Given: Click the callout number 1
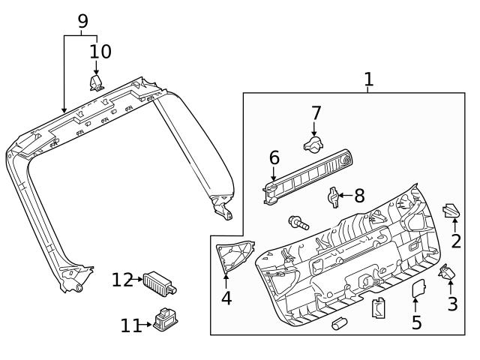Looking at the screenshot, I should pyautogui.click(x=368, y=79).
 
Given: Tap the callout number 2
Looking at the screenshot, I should pyautogui.click(x=455, y=241).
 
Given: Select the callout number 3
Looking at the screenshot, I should pyautogui.click(x=452, y=304).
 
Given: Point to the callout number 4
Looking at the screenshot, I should pyautogui.click(x=226, y=298).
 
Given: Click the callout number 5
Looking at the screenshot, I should pyautogui.click(x=416, y=322).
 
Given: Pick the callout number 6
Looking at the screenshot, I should pyautogui.click(x=274, y=158).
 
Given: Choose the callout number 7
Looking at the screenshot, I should pyautogui.click(x=316, y=113).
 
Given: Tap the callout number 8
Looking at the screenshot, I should pyautogui.click(x=359, y=196).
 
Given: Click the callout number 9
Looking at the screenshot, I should pyautogui.click(x=82, y=21).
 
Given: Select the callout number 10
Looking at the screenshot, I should pyautogui.click(x=100, y=52).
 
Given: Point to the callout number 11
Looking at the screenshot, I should pyautogui.click(x=130, y=325).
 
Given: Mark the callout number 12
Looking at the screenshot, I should pyautogui.click(x=121, y=280).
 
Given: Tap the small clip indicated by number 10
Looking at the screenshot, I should pyautogui.click(x=96, y=82).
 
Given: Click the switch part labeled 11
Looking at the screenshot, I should pyautogui.click(x=165, y=320).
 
